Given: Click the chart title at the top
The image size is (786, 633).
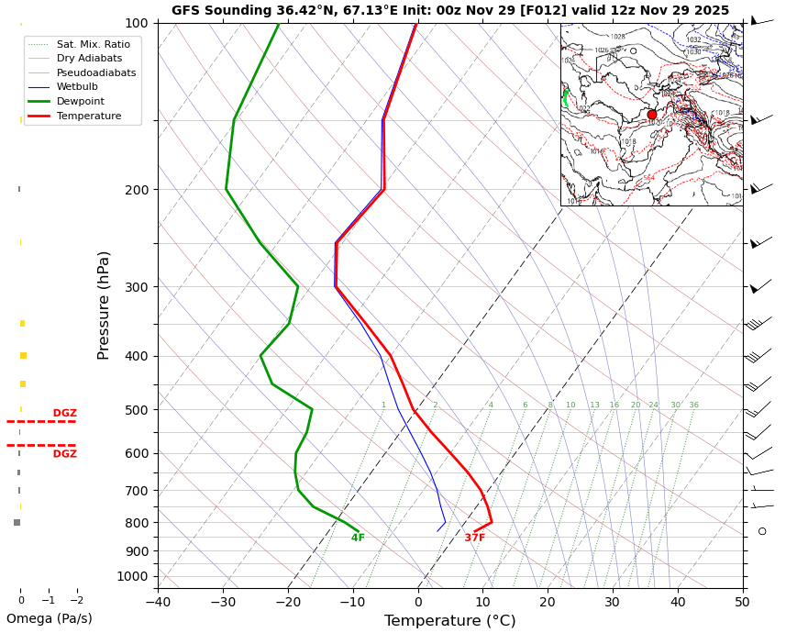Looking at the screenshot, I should pyautogui.click(x=450, y=11).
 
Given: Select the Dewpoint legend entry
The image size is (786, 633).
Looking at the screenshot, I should pyautogui.click(x=81, y=102).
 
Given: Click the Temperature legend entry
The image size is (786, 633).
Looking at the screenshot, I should pyautogui.click(x=89, y=117).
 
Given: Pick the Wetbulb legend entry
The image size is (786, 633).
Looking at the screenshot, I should pyautogui.click(x=77, y=87).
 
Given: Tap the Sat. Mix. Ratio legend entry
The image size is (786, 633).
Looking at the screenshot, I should pyautogui.click(x=93, y=44).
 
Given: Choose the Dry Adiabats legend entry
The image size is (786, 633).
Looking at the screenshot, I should pyautogui.click(x=89, y=59).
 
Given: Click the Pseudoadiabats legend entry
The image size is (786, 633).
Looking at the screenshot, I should pyautogui.click(x=96, y=72).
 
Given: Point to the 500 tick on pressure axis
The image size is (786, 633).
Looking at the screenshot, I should pyautogui.click(x=137, y=410).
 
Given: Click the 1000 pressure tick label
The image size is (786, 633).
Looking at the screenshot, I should pyautogui.click(x=134, y=577).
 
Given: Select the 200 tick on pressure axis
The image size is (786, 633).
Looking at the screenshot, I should pyautogui.click(x=137, y=190).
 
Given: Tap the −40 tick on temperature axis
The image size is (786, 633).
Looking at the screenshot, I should pyautogui.click(x=158, y=602).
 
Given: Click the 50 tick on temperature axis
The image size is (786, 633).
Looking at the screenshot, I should pyautogui.click(x=742, y=602).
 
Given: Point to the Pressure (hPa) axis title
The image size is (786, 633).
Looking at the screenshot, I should pyautogui.click(x=105, y=305).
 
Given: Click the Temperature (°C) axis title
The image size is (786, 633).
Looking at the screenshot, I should pyautogui.click(x=449, y=621).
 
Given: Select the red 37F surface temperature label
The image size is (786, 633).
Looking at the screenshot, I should pyautogui.click(x=474, y=539).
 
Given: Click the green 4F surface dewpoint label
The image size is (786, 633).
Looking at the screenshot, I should pyautogui.click(x=358, y=539).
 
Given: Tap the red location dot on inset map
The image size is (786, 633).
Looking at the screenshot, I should pyautogui.click(x=652, y=115).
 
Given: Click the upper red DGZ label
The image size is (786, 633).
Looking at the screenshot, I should pyautogui.click(x=64, y=414).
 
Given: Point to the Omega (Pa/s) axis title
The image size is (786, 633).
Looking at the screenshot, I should pyautogui.click(x=50, y=619).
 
